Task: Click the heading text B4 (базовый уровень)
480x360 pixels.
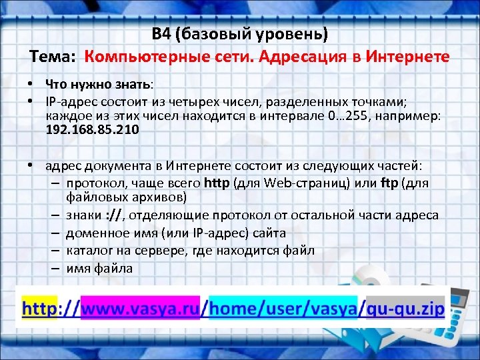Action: tap(240, 34)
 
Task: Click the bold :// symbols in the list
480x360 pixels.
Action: tap(113, 215)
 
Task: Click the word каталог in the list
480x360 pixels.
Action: tap(88, 251)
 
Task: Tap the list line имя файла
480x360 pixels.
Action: tap(99, 269)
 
